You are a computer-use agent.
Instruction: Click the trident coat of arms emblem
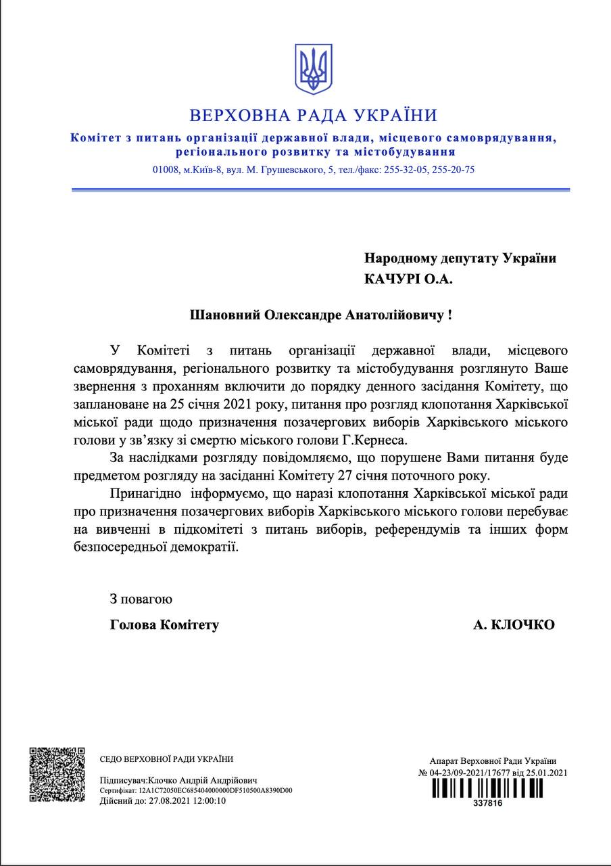click(313, 69)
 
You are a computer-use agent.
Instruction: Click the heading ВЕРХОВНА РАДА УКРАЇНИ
click(313, 115)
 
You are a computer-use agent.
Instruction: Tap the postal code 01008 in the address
click(166, 170)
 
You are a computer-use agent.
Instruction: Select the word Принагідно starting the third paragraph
click(145, 493)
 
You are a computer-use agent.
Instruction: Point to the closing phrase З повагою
click(141, 599)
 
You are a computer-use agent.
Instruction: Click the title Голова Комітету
click(164, 625)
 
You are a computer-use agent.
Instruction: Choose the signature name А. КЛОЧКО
click(514, 625)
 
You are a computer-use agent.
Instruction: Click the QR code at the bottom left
click(57, 774)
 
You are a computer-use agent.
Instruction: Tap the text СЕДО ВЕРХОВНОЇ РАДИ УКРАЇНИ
click(166, 759)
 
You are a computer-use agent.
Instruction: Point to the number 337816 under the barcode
click(488, 803)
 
